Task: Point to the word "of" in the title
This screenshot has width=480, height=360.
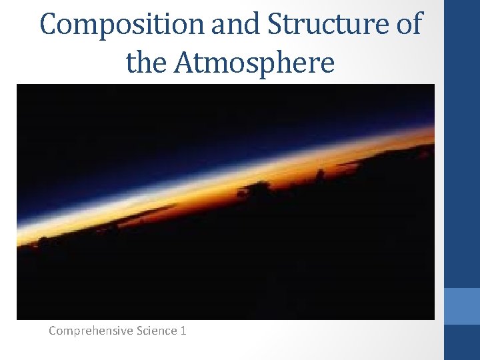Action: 408,25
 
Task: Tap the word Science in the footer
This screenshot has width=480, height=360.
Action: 157,330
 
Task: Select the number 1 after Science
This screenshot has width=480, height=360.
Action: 183,330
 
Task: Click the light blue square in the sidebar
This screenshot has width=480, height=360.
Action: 462,306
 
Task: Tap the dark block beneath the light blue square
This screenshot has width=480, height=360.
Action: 462,342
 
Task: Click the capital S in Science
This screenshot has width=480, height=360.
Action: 139,330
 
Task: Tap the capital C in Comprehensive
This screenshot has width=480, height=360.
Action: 53,330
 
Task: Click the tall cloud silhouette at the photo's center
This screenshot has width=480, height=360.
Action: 257,191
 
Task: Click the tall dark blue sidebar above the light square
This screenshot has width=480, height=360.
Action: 462,143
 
